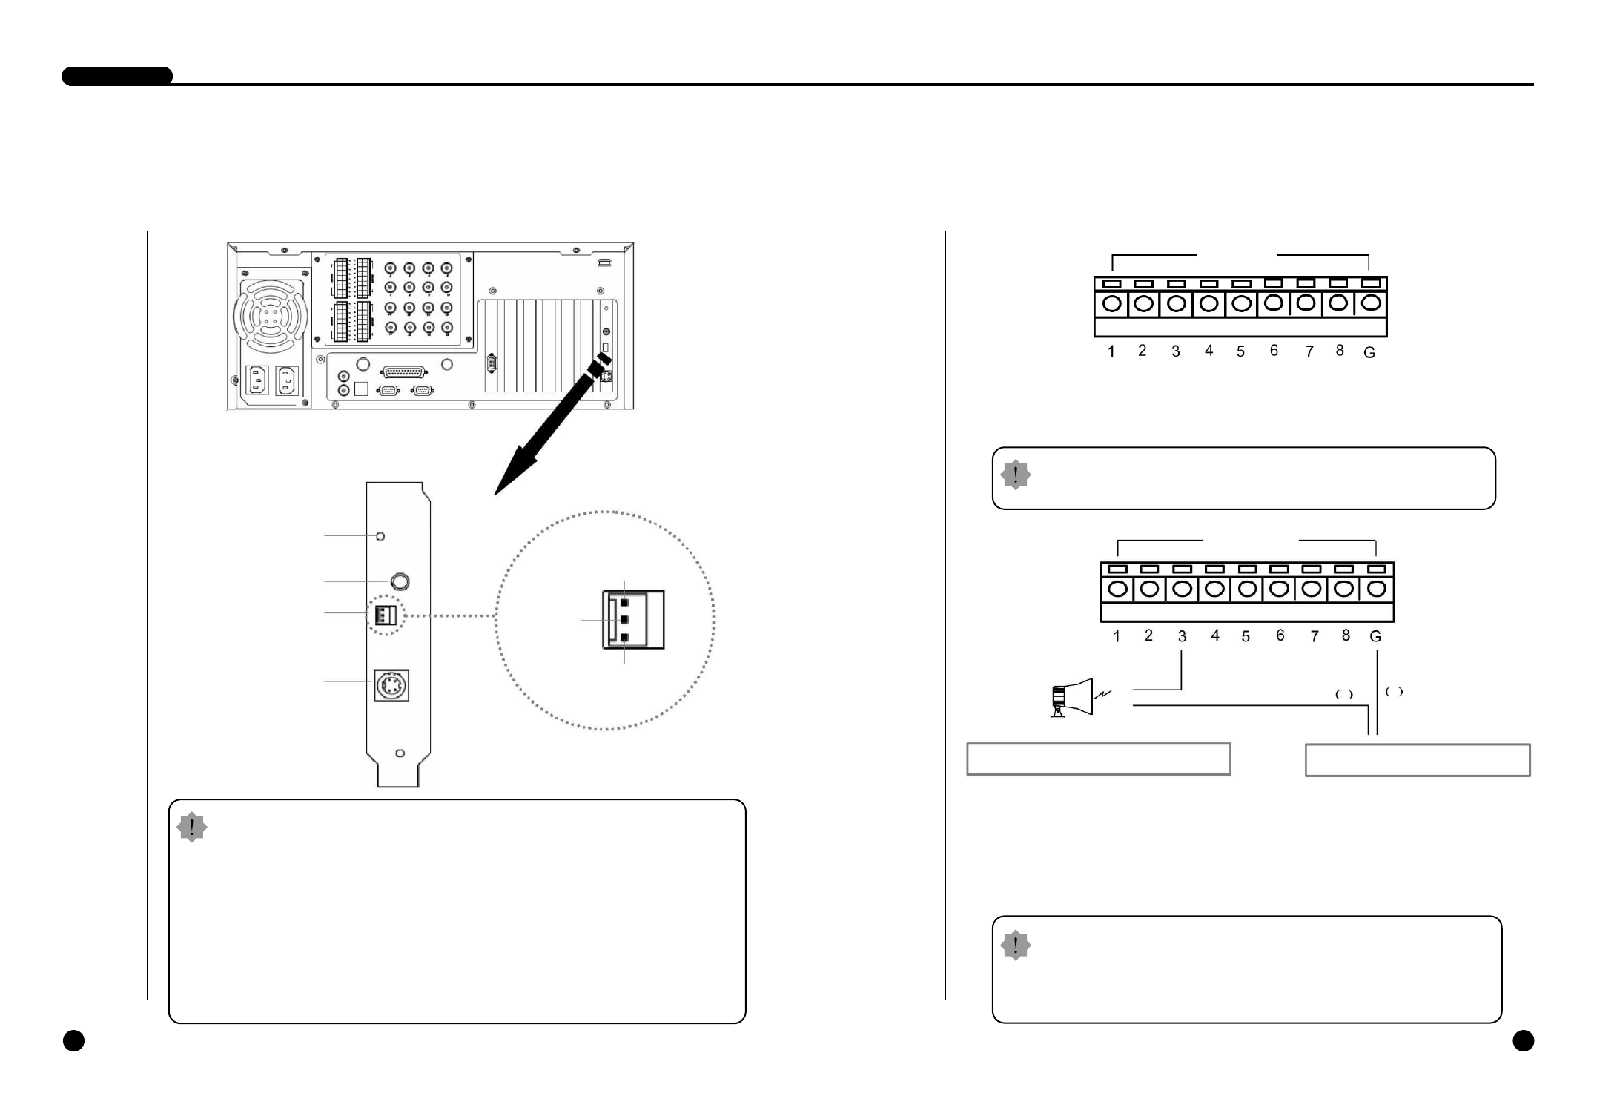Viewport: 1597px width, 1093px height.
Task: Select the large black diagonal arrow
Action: tap(548, 430)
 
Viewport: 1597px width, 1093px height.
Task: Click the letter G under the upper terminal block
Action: tap(1369, 353)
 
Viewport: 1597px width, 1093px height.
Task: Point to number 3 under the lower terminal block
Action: tap(1182, 636)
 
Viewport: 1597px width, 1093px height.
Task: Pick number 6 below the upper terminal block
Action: tap(1274, 350)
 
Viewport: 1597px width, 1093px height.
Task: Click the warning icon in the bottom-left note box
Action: tap(192, 827)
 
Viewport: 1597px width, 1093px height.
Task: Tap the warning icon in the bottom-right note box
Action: tap(1015, 945)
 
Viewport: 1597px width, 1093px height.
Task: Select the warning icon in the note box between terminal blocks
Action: tap(1015, 475)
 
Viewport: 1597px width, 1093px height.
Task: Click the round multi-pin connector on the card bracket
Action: tap(392, 686)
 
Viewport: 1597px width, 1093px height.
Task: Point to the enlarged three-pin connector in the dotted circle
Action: tap(632, 620)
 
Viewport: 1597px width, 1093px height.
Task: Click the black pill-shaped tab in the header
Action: tap(117, 76)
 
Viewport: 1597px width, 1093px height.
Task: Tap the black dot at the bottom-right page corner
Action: tap(1523, 1041)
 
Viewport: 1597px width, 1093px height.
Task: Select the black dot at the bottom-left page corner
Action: tap(73, 1041)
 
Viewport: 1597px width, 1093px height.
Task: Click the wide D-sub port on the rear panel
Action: tap(404, 372)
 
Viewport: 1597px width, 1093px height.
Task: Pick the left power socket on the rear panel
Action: tap(257, 380)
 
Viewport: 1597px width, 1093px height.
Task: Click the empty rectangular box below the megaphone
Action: tap(1098, 759)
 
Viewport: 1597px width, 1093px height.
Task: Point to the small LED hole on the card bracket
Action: tap(380, 535)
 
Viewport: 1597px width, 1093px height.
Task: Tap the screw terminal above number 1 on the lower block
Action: tap(1118, 590)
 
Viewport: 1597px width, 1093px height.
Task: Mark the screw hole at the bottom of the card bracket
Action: tap(400, 753)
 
